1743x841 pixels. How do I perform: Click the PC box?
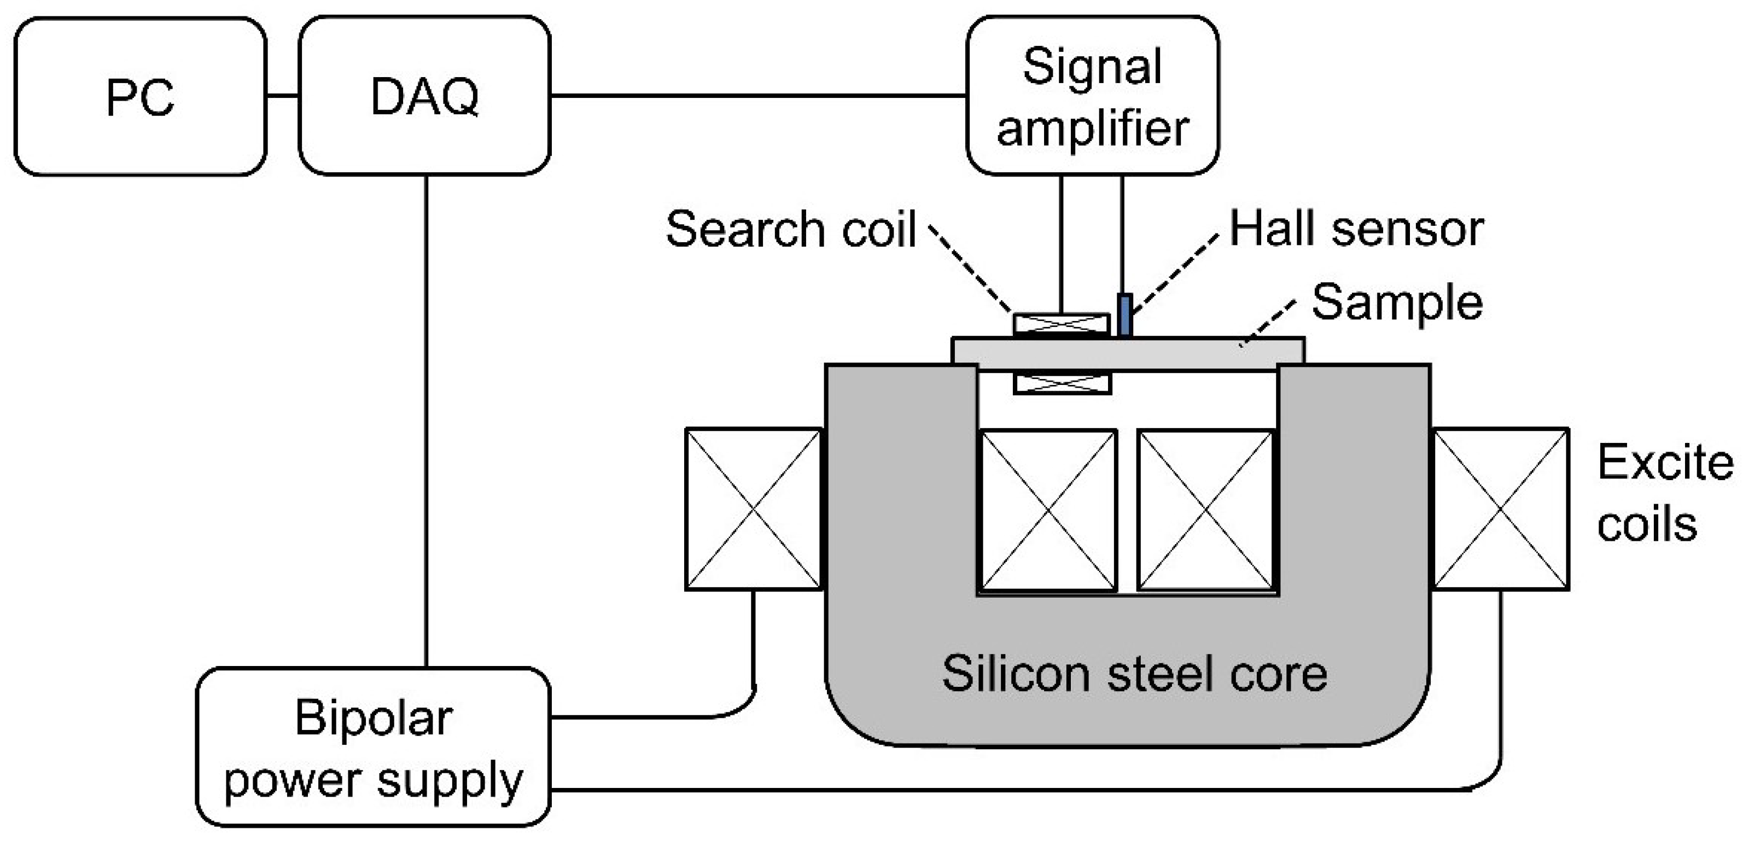tap(140, 96)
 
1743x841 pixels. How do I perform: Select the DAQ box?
tap(424, 96)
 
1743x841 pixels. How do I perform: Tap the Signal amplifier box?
tap(1092, 96)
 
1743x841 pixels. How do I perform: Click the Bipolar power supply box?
tap(373, 747)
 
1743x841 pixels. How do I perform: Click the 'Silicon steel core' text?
tap(1134, 674)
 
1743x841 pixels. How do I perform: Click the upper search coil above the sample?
tap(1062, 325)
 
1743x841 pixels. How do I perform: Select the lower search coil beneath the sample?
tap(1062, 383)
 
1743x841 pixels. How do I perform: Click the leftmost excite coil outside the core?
tap(753, 509)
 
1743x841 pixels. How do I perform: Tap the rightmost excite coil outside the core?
tap(1500, 509)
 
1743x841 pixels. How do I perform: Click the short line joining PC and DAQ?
tap(282, 96)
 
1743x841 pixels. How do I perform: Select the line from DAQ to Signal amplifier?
tap(758, 96)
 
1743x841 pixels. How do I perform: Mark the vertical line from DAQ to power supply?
tap(426, 419)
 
